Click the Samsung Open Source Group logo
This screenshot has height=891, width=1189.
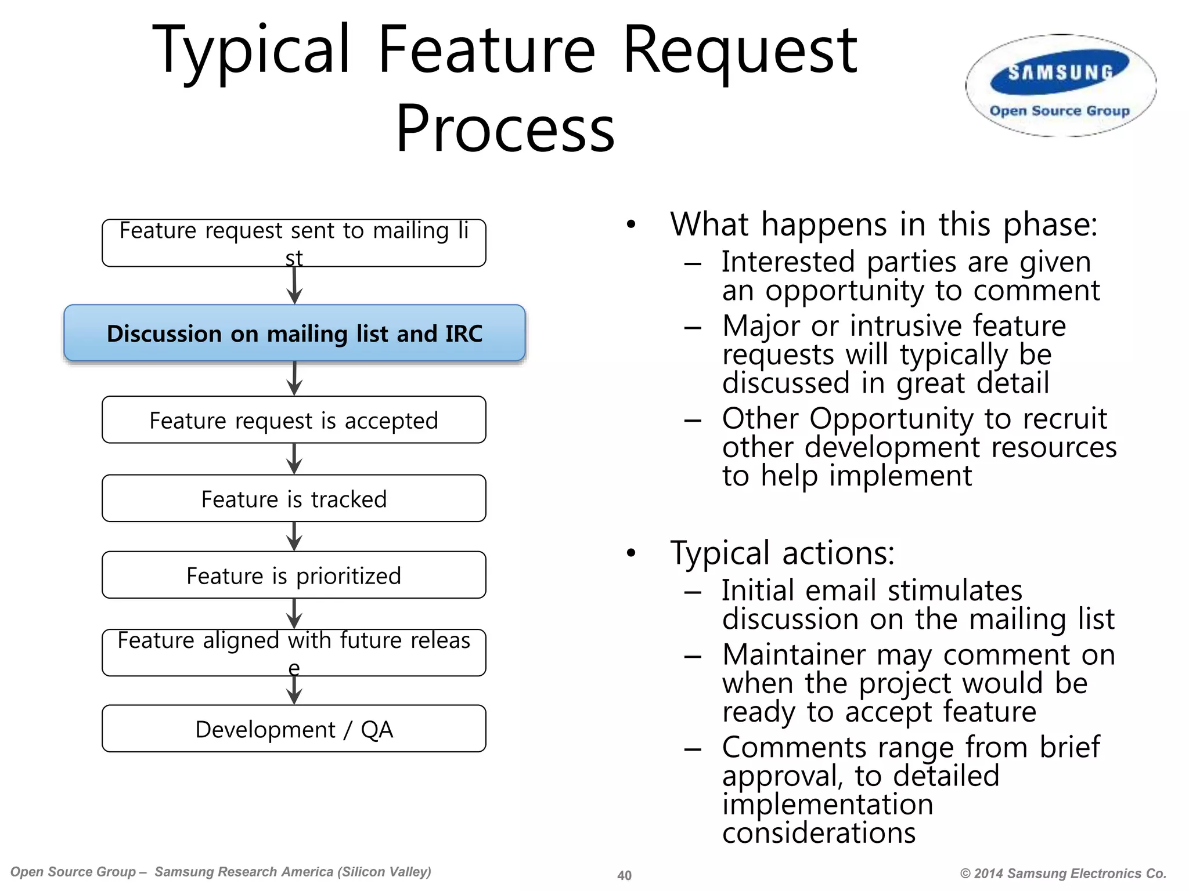1061,86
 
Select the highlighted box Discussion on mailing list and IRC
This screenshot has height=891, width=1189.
294,334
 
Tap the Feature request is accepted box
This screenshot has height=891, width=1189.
294,420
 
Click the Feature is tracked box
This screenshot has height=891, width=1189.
294,499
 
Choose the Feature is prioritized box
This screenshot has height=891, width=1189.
294,575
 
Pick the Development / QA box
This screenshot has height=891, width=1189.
294,729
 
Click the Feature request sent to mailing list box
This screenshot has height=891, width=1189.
294,243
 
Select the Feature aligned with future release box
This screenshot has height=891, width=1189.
294,653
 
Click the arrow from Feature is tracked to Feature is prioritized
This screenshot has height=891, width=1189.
294,537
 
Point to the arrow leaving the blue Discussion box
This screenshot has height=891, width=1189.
294,379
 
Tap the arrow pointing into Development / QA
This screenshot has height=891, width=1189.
294,691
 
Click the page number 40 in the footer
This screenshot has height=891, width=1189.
624,875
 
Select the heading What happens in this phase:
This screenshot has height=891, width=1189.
884,224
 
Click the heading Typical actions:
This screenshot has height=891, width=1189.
782,553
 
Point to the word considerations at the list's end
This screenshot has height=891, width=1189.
819,833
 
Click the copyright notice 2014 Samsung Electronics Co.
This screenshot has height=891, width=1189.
1063,874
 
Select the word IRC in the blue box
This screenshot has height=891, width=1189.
463,334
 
